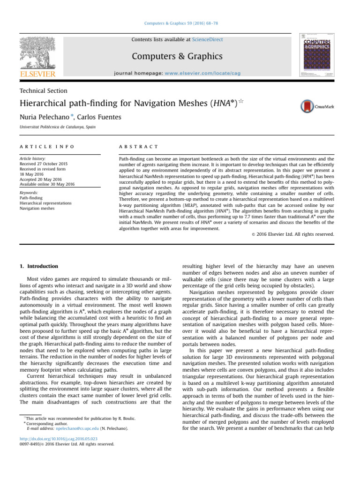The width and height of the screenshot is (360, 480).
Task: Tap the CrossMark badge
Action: [317, 106]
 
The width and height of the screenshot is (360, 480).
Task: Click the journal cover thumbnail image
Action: [320, 54]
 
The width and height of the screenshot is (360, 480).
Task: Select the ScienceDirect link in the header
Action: [207, 40]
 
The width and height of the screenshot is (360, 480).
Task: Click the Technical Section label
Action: [43, 91]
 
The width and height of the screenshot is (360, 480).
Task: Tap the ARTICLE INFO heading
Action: [46, 147]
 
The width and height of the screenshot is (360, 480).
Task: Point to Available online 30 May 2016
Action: [47, 184]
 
